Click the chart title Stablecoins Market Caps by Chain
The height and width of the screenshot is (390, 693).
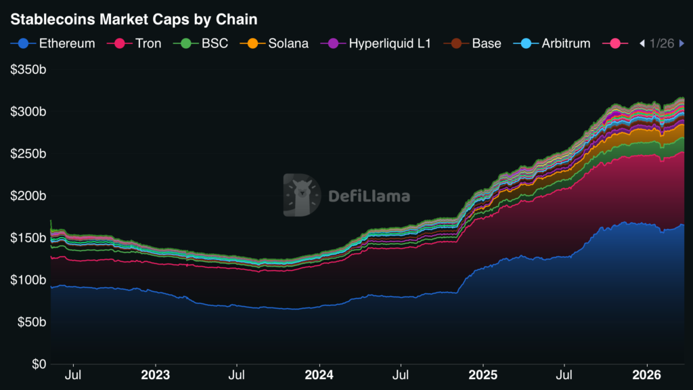pyautogui.click(x=133, y=20)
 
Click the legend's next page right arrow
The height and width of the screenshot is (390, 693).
pyautogui.click(x=681, y=43)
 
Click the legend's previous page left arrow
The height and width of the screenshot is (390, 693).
pyautogui.click(x=642, y=43)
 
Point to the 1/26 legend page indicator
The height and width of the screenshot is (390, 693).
pyautogui.click(x=661, y=43)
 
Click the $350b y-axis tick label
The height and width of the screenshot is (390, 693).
pyautogui.click(x=28, y=70)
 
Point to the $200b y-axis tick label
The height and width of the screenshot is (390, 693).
pyautogui.click(x=28, y=196)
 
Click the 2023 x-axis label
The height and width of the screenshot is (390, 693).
pyautogui.click(x=155, y=374)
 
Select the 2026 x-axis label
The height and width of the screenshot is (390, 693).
pyautogui.click(x=646, y=374)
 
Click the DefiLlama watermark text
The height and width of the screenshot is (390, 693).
pyautogui.click(x=369, y=196)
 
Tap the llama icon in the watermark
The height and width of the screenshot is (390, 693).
pyautogui.click(x=301, y=196)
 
